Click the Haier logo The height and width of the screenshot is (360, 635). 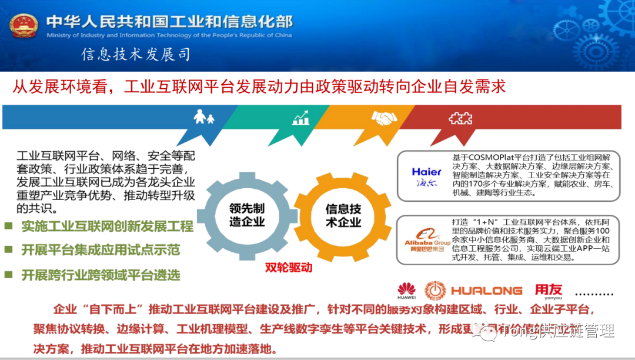pyautogui.click(x=426, y=176)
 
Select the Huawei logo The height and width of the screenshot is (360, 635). pyautogui.click(x=406, y=289)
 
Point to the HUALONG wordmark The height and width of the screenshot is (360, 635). pyautogui.click(x=486, y=291)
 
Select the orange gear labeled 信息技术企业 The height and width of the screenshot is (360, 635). pyautogui.click(x=343, y=216)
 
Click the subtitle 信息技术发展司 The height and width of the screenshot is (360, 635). pyautogui.click(x=136, y=55)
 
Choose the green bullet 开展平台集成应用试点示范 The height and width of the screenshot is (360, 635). pyautogui.click(x=101, y=250)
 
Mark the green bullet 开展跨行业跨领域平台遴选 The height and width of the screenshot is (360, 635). pyautogui.click(x=101, y=274)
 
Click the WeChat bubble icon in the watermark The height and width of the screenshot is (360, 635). pyautogui.click(x=487, y=334)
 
